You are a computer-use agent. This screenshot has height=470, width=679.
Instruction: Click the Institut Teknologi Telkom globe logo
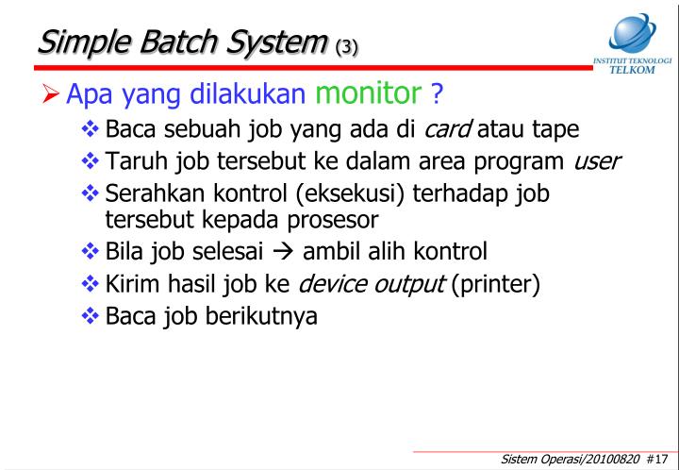pyautogui.click(x=631, y=34)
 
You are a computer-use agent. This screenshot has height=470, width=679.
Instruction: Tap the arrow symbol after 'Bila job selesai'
pyautogui.click(x=286, y=252)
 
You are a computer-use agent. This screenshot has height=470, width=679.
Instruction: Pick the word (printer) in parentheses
pyautogui.click(x=495, y=283)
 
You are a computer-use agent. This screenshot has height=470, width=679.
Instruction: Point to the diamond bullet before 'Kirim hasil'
pyautogui.click(x=91, y=283)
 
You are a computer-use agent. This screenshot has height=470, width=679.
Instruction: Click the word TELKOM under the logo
pyautogui.click(x=633, y=70)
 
